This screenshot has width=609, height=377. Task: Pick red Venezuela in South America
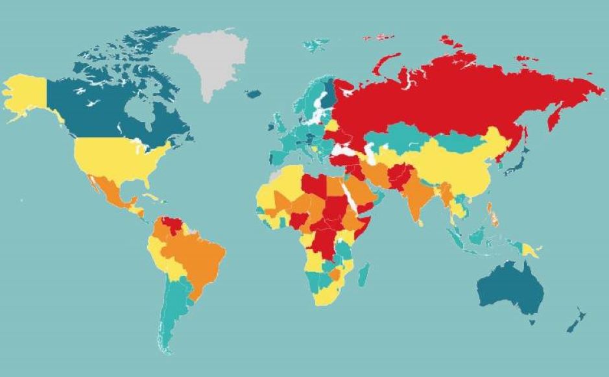[173, 225]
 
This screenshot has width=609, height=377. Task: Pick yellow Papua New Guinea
[530, 249]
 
